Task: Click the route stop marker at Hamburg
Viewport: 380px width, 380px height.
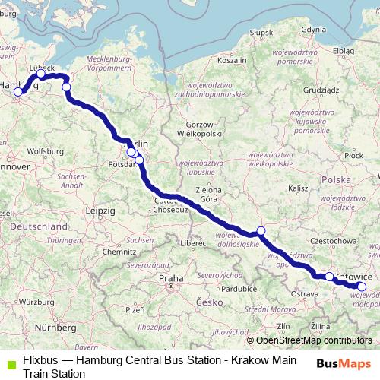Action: click(18, 92)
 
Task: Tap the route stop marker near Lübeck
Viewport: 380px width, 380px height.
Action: click(42, 74)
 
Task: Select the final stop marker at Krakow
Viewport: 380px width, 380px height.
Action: click(362, 287)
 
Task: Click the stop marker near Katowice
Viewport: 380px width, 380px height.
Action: click(329, 277)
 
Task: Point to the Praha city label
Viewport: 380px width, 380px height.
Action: click(171, 279)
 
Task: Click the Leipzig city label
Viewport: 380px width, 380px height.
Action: click(100, 209)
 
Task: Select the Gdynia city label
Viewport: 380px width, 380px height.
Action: click(314, 30)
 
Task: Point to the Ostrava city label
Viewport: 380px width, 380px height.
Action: click(305, 293)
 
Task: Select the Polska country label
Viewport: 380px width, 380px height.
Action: click(336, 179)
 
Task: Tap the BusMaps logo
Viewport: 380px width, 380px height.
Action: click(344, 363)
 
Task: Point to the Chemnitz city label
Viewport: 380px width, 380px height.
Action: click(120, 251)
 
